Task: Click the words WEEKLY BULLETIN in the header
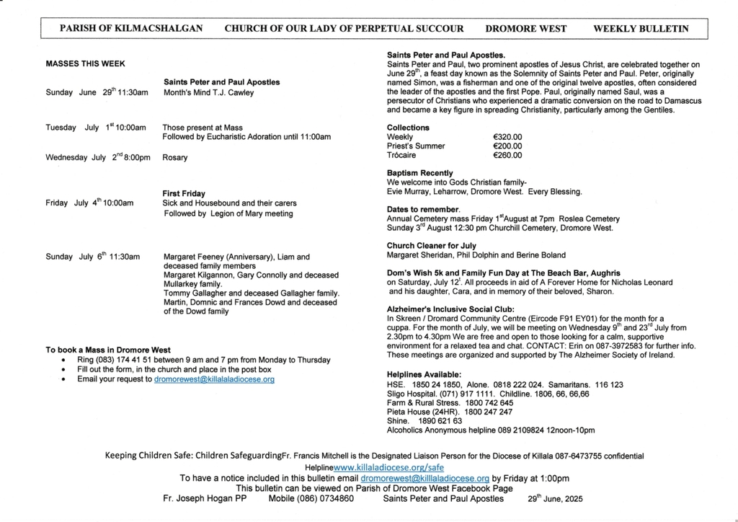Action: [640, 29]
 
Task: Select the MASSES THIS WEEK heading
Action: [85, 63]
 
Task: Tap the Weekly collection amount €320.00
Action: [507, 136]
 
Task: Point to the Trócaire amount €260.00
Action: [507, 155]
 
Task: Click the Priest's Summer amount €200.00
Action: [507, 146]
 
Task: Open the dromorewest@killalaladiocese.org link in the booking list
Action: [214, 379]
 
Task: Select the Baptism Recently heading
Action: [419, 173]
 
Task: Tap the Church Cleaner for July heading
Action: [431, 246]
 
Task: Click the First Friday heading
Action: [184, 193]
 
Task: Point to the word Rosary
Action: [175, 157]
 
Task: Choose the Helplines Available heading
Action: [424, 375]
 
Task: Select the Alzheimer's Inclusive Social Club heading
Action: [445, 309]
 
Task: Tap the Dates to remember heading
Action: [423, 209]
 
